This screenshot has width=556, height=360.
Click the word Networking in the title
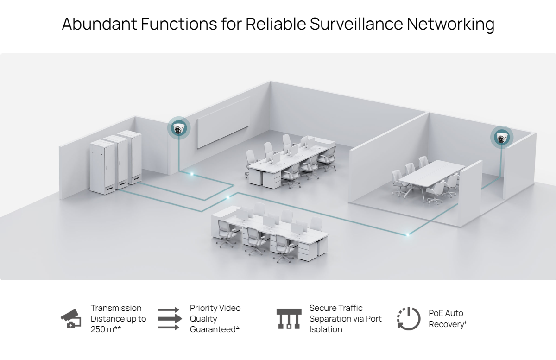click(450, 24)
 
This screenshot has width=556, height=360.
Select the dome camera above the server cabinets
click(178, 129)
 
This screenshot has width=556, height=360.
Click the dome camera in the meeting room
click(502, 138)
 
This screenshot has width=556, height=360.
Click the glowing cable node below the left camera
click(191, 174)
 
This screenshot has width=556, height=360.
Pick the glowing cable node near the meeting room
click(407, 234)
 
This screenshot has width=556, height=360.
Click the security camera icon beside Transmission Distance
click(71, 319)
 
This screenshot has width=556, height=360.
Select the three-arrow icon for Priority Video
click(168, 319)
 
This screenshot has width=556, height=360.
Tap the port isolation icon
click(288, 319)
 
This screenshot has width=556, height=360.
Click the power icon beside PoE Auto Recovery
click(408, 319)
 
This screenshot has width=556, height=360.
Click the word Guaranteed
click(213, 329)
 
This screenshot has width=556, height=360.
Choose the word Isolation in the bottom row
click(326, 329)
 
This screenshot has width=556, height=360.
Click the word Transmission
click(116, 308)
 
